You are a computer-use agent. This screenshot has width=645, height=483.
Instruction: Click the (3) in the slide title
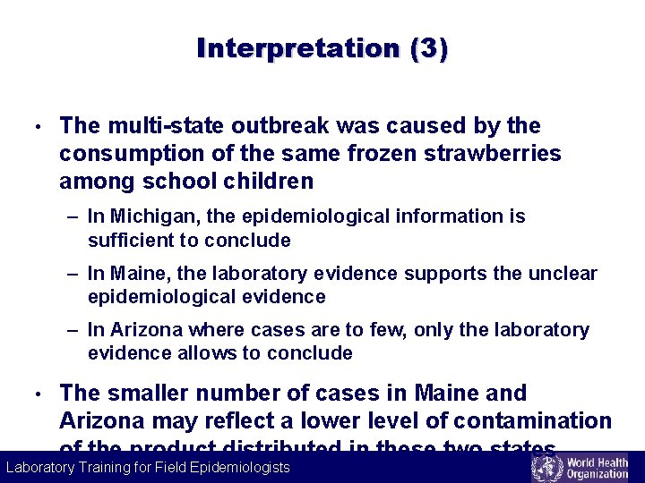pos(428,48)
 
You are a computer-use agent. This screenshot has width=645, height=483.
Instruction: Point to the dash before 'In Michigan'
pos(73,216)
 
